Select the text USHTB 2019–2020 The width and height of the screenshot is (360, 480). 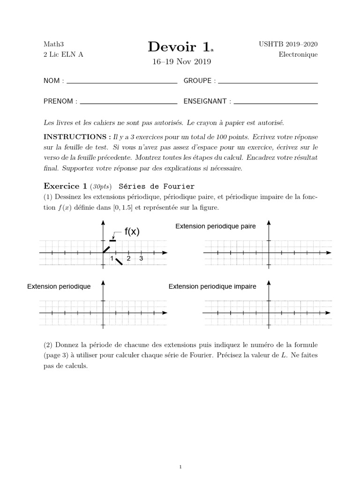[288, 44]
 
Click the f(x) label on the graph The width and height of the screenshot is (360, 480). [132, 232]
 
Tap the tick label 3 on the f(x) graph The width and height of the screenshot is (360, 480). [141, 259]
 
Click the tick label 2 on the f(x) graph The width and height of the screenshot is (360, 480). [128, 259]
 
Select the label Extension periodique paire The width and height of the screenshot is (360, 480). [215, 226]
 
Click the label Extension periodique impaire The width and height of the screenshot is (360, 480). [212, 286]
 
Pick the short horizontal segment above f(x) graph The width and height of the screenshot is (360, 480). [112, 240]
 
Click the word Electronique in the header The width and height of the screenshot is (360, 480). [298, 54]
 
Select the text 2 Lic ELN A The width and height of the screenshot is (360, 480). [63, 54]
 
